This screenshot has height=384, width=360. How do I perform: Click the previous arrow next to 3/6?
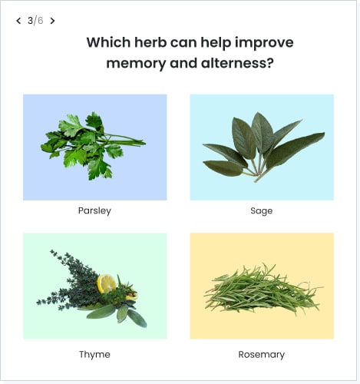tap(18, 21)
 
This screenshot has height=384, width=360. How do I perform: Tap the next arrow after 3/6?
tap(52, 21)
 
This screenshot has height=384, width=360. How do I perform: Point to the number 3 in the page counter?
tap(30, 21)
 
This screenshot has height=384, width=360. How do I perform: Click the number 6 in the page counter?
tap(40, 21)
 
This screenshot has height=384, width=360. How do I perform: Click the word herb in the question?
tap(150, 42)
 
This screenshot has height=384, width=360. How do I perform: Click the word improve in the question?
tap(264, 43)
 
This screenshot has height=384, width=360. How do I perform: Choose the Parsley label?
tap(94, 210)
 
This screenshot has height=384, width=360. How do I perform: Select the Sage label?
tap(262, 211)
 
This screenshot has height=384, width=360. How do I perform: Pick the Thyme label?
tap(94, 355)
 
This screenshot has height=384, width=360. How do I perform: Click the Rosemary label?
tap(262, 355)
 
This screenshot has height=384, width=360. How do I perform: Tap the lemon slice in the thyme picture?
tap(106, 283)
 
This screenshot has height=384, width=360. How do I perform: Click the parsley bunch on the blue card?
tap(93, 146)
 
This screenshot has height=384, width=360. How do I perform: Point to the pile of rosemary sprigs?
tap(263, 290)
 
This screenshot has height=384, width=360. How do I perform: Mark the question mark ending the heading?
tap(270, 63)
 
